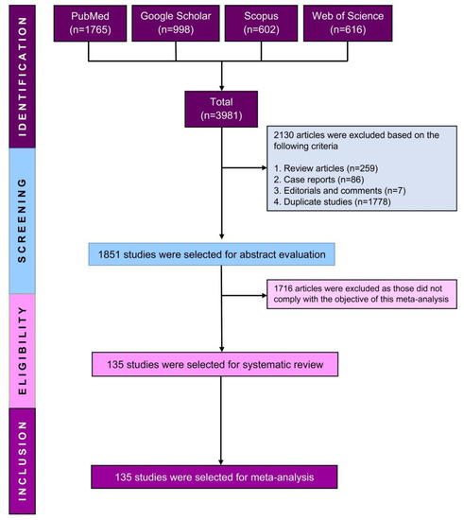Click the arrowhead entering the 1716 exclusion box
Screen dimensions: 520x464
[x=266, y=295]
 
